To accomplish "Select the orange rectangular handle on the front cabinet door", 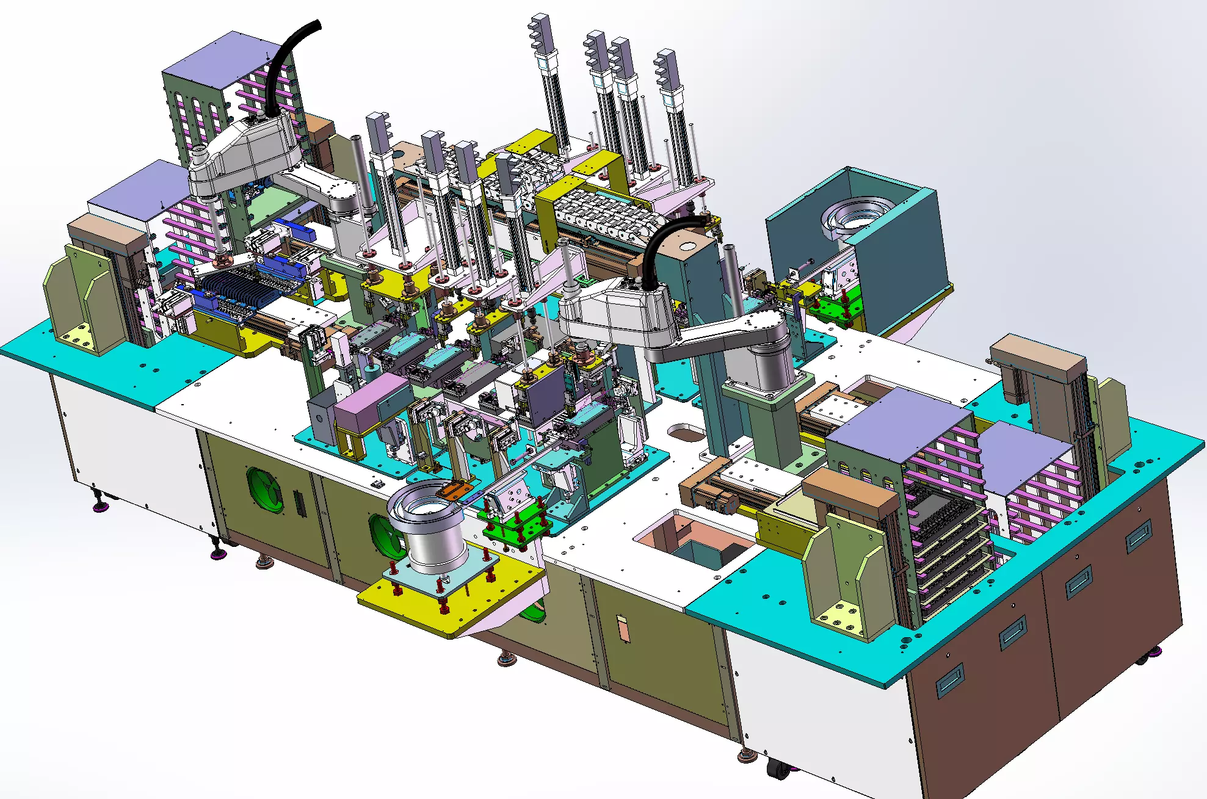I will point(623,629).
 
